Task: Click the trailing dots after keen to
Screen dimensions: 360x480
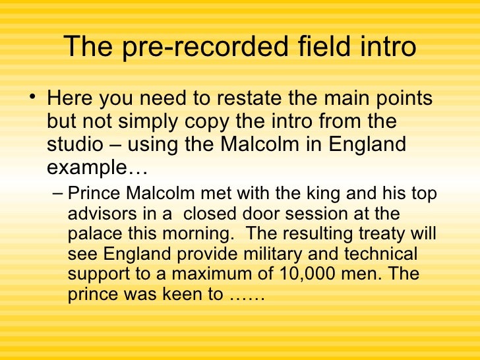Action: (247, 296)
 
